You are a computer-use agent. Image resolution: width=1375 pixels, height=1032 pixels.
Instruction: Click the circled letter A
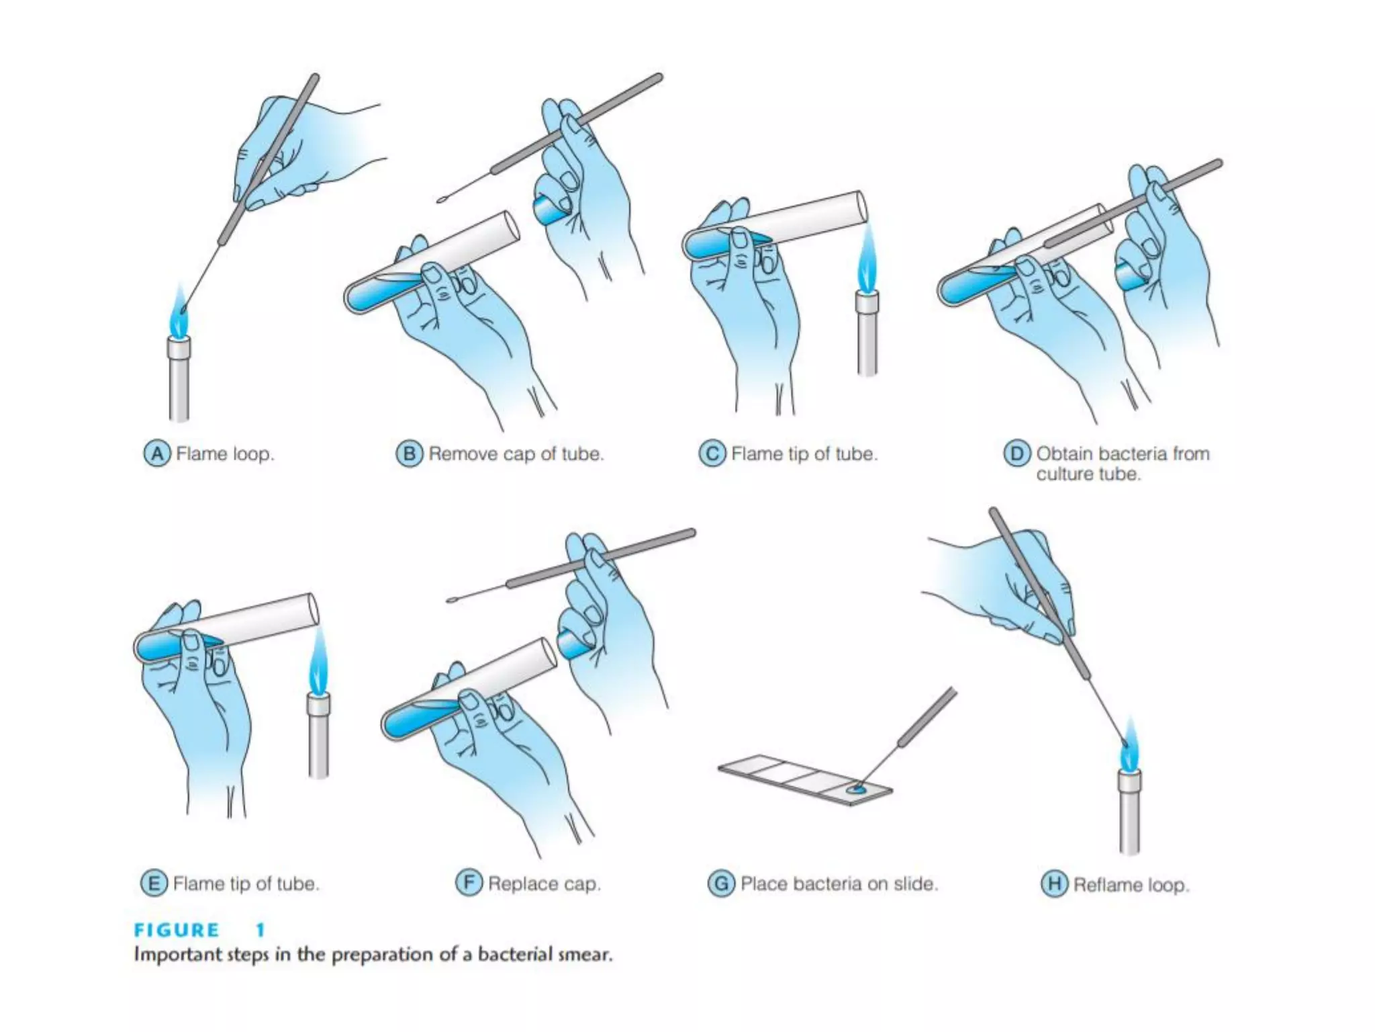[156, 454]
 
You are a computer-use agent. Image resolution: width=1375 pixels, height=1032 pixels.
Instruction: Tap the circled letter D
[1016, 454]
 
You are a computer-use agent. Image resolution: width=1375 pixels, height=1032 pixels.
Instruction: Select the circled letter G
[721, 884]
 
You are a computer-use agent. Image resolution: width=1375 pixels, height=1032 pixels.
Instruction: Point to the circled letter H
[1054, 884]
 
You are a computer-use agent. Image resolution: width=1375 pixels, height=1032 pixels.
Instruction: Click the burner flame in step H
[1129, 746]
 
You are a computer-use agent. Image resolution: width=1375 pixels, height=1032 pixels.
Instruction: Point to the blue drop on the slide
[856, 789]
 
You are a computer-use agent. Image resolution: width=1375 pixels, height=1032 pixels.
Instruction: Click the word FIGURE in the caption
[177, 931]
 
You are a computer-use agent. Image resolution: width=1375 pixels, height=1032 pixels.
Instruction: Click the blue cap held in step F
[573, 645]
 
